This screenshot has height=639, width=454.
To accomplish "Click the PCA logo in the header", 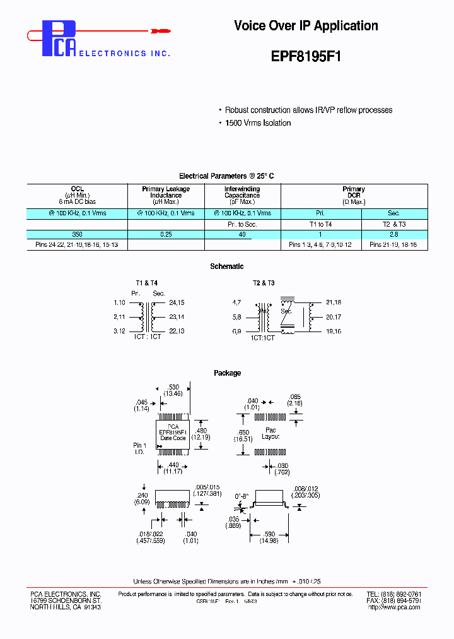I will tap(61, 40).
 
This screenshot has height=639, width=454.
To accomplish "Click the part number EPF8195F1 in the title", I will tap(306, 55).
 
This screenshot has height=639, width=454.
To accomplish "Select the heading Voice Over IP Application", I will tap(306, 26).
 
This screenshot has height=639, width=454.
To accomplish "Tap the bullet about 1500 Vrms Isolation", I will tap(258, 123).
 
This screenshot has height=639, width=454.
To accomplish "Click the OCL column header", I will tap(77, 189).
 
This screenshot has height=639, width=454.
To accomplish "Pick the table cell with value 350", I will tap(77, 234).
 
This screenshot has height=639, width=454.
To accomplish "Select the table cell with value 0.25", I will tap(166, 234).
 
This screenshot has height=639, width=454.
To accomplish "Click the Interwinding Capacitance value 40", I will tap(242, 234).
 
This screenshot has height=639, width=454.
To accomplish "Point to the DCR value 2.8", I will tap(393, 234).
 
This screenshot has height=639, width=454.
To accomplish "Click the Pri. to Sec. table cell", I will tap(242, 224).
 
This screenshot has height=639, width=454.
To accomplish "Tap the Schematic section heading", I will tap(227, 266).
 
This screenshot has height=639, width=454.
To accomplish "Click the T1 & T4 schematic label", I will tap(147, 283).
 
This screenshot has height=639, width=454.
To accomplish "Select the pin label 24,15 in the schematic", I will tap(177, 303).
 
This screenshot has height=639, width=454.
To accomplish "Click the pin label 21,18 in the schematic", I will tap(334, 303).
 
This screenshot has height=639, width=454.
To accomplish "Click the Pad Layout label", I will tap(271, 433).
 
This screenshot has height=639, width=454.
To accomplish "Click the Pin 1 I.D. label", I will tap(139, 449).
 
